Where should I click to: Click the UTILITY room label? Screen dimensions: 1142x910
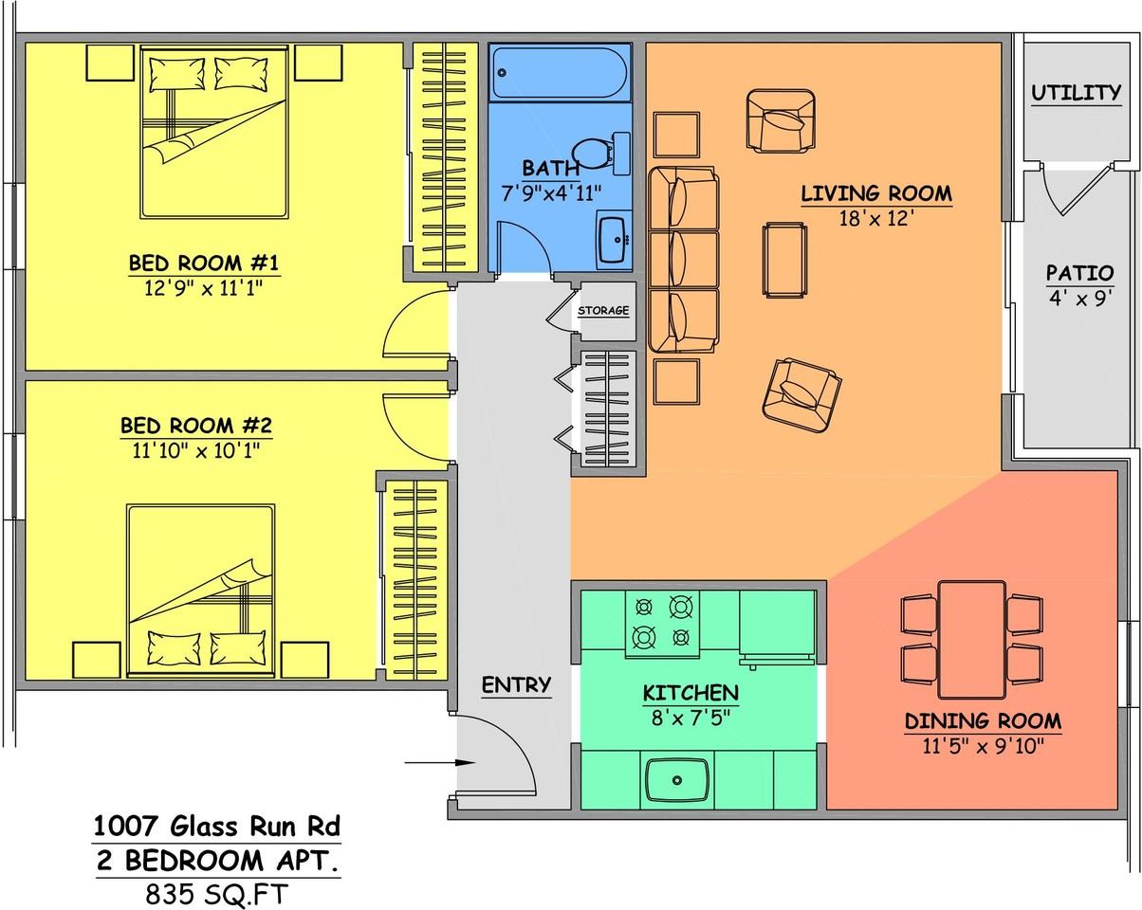[1076, 93]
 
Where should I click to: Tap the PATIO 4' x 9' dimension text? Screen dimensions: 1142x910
[1080, 299]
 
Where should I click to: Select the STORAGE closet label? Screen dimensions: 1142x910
[603, 310]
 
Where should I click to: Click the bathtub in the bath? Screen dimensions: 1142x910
[560, 73]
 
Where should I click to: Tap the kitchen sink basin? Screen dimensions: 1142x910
[676, 780]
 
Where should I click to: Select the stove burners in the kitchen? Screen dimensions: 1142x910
[662, 624]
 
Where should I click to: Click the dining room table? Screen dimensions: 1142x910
[971, 640]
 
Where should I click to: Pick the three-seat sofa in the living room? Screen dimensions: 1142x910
[684, 260]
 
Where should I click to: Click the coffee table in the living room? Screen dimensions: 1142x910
[784, 260]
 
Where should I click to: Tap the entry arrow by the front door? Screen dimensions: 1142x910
[440, 762]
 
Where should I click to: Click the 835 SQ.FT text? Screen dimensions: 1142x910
[217, 894]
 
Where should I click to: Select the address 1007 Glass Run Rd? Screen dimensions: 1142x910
[217, 827]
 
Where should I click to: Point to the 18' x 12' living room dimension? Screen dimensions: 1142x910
[876, 218]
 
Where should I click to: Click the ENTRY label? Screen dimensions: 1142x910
[516, 684]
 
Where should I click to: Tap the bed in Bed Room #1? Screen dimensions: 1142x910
[214, 132]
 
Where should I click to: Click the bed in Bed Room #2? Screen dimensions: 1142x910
[200, 591]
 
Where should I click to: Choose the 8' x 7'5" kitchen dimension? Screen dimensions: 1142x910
[691, 718]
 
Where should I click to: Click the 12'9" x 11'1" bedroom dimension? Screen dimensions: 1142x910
[204, 288]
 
